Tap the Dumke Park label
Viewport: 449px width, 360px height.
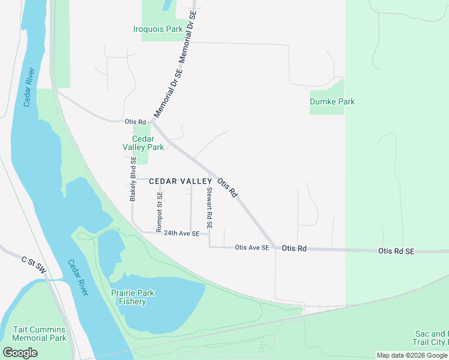point(332,101)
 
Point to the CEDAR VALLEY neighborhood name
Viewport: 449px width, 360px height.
point(181,181)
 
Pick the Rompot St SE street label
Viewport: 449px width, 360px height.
point(159,212)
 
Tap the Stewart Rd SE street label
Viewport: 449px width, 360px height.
point(209,208)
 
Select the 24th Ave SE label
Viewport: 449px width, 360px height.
point(181,233)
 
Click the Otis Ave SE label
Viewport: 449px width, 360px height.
point(252,247)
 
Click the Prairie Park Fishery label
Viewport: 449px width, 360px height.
point(133,297)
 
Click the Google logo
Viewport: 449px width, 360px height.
point(20,353)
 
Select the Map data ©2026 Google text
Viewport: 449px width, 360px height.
point(412,355)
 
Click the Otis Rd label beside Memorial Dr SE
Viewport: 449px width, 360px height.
point(135,122)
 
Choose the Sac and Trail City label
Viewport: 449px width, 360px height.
point(431,338)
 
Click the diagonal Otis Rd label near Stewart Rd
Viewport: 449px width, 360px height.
point(228,187)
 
